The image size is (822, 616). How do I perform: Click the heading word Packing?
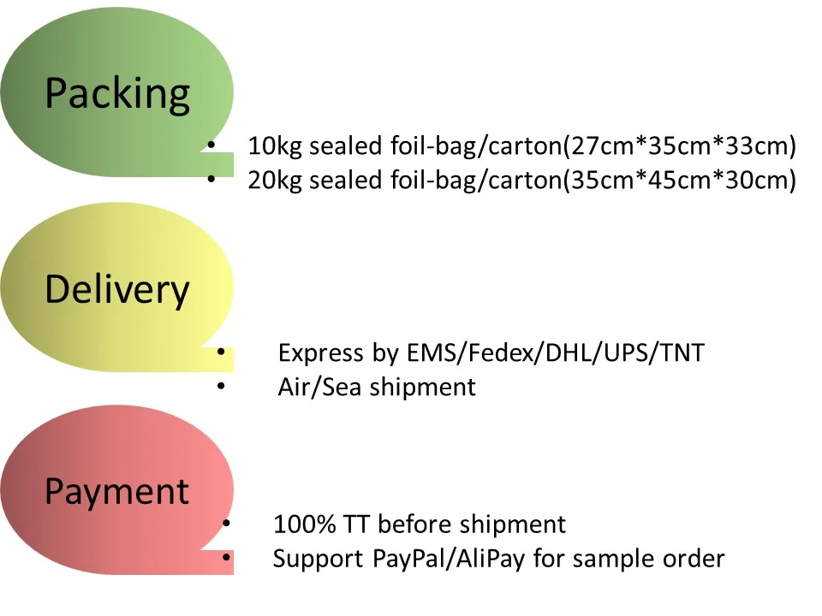click(117, 93)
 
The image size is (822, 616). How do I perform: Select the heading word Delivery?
click(117, 290)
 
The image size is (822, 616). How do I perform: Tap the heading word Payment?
click(117, 492)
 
